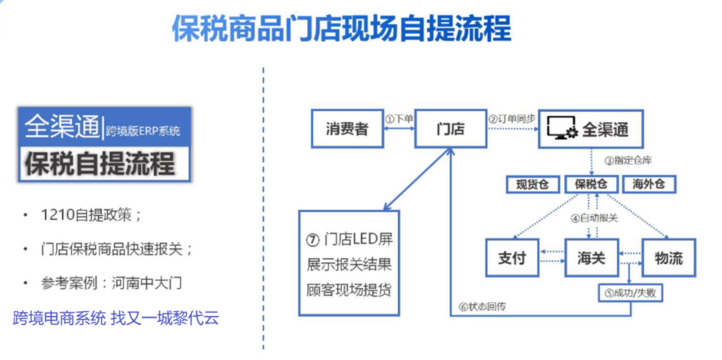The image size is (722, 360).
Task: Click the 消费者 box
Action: click(347, 129)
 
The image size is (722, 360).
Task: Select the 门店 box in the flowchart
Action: click(450, 129)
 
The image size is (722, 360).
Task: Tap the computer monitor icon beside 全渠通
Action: click(561, 127)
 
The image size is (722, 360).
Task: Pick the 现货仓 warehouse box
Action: click(532, 184)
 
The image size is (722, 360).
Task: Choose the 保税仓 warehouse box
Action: click(591, 184)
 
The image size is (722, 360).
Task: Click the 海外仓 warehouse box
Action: click(649, 184)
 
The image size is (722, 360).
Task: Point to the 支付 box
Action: click(512, 258)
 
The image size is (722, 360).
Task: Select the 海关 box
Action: click(591, 258)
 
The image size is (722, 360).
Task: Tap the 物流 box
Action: click(669, 258)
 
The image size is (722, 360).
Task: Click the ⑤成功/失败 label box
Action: click(630, 293)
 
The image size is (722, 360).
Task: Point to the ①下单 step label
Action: click(399, 119)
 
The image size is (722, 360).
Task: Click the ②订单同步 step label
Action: click(512, 119)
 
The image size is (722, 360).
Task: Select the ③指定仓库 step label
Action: click(628, 160)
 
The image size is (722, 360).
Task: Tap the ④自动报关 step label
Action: click(594, 218)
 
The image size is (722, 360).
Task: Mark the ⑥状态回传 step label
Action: click(482, 307)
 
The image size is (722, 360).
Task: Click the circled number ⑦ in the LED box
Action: click(313, 240)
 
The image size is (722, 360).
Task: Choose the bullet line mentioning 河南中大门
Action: click(111, 283)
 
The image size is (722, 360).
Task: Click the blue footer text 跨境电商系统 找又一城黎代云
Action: click(116, 318)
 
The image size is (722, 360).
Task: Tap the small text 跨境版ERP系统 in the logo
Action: click(143, 131)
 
